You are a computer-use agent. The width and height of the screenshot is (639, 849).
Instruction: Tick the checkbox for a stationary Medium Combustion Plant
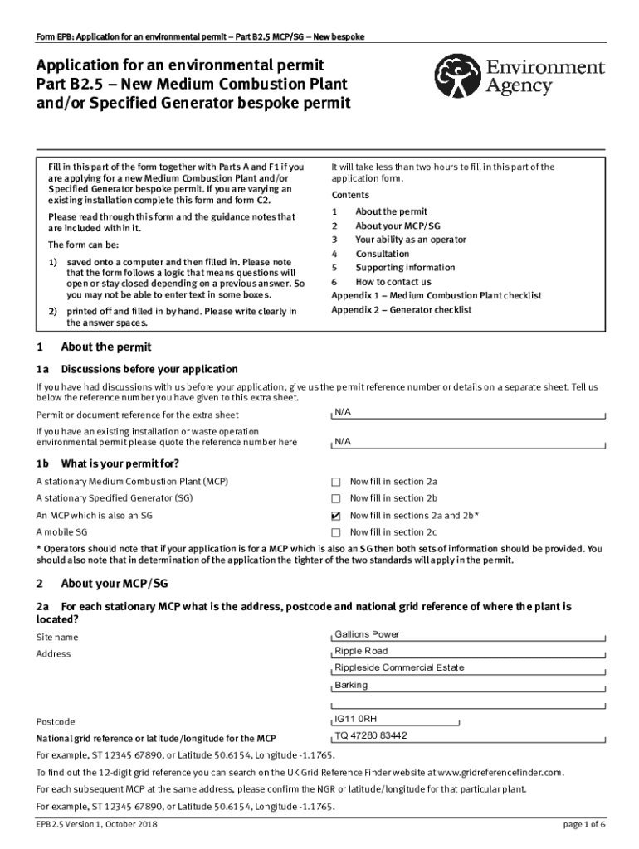[336, 482]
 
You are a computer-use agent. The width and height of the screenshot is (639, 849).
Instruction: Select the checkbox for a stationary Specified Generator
[336, 498]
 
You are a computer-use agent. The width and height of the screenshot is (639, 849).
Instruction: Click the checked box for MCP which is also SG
[336, 516]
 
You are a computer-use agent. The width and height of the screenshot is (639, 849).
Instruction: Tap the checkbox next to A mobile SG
[336, 532]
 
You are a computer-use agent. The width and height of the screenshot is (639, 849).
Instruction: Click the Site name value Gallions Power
[367, 634]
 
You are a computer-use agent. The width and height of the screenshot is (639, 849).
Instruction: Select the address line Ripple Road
[361, 651]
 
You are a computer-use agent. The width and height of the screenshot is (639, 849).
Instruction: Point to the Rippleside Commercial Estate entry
[399, 667]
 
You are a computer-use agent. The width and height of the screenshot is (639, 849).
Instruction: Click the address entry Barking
[351, 685]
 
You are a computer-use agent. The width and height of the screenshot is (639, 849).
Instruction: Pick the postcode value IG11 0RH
[356, 719]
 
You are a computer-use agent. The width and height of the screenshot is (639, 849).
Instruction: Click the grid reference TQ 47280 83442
[371, 735]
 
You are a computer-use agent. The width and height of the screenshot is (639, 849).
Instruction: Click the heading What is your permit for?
[120, 463]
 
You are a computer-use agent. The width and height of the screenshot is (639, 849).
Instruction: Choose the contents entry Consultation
[382, 254]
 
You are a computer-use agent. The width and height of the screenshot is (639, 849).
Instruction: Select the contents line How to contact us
[393, 282]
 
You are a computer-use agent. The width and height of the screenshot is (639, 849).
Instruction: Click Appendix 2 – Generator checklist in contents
[401, 310]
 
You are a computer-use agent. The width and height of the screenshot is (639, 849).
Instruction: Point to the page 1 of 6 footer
[583, 824]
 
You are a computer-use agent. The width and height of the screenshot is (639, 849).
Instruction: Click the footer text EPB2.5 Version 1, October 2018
[97, 824]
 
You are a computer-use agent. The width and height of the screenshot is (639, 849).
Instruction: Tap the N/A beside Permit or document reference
[343, 411]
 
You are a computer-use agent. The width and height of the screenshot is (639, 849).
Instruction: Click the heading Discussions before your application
[149, 369]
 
